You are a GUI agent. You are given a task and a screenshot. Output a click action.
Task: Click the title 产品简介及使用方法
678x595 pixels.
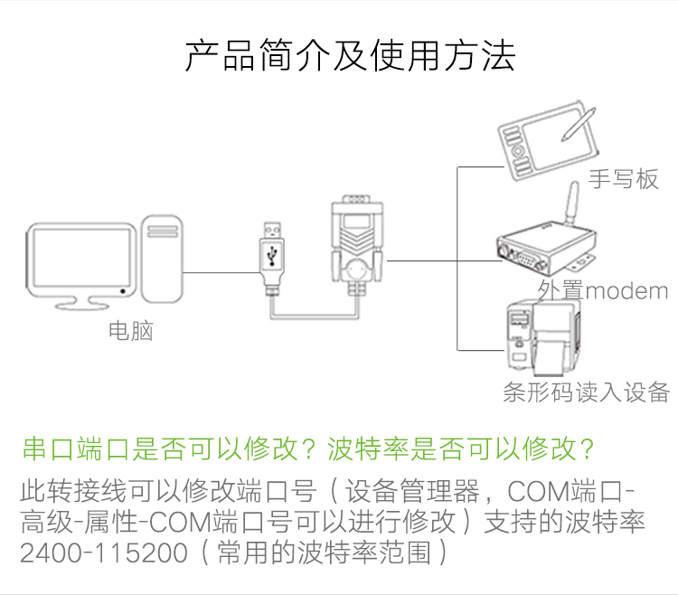(350, 56)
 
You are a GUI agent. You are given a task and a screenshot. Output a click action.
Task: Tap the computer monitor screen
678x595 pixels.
(81, 257)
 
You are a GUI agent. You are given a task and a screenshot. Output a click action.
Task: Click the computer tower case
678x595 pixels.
(162, 259)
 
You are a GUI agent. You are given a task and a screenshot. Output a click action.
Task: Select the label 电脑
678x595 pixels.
(130, 331)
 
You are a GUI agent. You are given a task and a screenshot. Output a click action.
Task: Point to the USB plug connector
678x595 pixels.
(272, 259)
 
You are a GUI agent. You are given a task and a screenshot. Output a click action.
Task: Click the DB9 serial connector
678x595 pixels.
(357, 244)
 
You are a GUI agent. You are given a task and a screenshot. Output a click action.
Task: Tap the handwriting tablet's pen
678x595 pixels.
(579, 125)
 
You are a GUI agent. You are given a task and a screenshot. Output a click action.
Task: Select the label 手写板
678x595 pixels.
(623, 178)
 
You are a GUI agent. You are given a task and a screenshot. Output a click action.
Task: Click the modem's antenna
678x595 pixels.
(571, 203)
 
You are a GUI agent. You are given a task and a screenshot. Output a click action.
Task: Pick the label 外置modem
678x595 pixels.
(603, 290)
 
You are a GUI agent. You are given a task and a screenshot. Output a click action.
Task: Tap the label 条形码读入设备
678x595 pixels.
(587, 392)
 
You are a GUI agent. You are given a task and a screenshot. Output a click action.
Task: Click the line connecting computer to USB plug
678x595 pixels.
(221, 272)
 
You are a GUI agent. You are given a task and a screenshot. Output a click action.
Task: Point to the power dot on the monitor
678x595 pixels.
(123, 291)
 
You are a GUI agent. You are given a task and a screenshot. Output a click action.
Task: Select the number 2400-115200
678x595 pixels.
(104, 552)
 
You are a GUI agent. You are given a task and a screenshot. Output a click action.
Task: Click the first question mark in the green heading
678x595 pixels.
(309, 449)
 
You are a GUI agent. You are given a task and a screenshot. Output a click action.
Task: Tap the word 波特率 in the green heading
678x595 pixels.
(368, 449)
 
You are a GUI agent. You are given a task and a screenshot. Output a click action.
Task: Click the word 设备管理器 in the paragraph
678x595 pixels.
(412, 491)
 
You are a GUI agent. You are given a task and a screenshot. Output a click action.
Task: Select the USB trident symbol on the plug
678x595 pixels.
(272, 256)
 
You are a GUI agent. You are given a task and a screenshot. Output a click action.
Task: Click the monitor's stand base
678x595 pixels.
(81, 306)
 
